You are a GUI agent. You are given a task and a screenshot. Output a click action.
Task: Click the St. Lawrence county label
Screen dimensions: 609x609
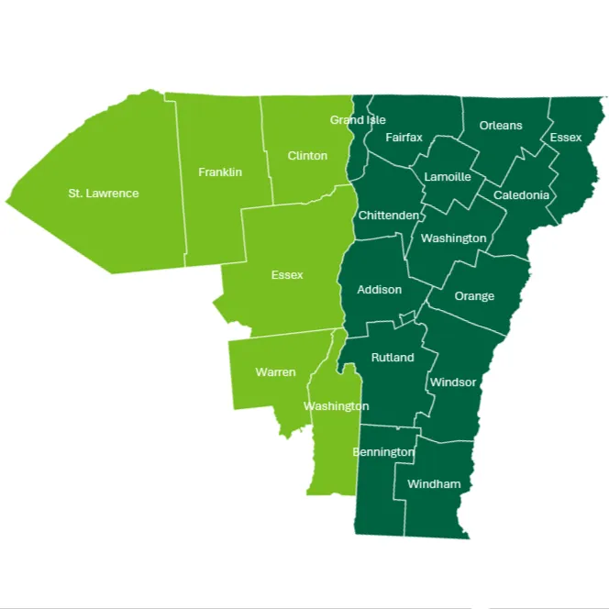[104, 194]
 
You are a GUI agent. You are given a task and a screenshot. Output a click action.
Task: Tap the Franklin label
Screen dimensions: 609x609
[220, 172]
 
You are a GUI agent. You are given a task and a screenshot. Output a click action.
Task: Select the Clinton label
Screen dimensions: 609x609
[307, 156]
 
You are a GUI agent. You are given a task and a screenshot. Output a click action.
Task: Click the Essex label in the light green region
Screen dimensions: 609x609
[287, 274]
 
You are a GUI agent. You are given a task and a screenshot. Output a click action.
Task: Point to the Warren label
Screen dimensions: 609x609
[275, 371]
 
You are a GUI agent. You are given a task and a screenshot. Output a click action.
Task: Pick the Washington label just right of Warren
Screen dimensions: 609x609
[336, 405]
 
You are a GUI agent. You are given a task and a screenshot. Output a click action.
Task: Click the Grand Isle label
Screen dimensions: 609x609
[358, 120]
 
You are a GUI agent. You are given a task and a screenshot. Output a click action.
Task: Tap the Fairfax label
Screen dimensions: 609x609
[404, 138]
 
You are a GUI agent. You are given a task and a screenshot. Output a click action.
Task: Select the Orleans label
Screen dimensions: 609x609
[501, 126]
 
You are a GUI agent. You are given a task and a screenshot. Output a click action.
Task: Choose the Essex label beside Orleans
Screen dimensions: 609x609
[566, 138]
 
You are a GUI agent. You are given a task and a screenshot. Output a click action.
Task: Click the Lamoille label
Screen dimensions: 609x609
[448, 177]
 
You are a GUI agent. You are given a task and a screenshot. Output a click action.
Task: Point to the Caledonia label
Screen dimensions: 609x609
[521, 195]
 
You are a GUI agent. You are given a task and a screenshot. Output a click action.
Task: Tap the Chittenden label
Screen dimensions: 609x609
[388, 216]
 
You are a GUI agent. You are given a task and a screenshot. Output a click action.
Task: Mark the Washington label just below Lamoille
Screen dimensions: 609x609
[453, 238]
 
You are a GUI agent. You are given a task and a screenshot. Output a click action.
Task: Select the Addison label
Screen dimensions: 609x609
[379, 290]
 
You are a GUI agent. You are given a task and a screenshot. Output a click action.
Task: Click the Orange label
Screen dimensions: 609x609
[474, 296]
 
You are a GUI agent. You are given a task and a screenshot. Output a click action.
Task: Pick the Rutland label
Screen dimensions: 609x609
[393, 358]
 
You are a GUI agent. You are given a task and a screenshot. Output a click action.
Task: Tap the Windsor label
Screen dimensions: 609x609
[453, 382]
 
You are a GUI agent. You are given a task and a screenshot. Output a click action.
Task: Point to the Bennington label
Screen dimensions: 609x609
[383, 452]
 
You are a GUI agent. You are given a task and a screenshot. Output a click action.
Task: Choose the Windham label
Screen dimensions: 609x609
[434, 483]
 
